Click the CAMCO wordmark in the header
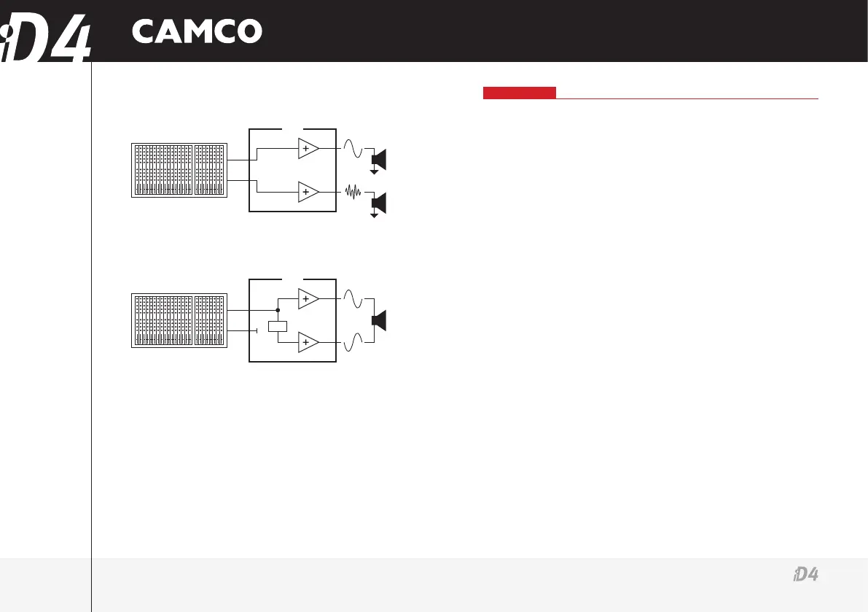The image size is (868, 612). click(196, 31)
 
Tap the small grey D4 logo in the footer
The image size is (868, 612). click(805, 576)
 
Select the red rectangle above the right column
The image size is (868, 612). click(519, 93)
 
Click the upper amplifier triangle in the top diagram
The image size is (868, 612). click(308, 148)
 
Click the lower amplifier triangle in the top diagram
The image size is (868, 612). click(308, 192)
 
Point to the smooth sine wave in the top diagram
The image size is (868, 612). click(353, 149)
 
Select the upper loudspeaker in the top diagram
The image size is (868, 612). click(379, 158)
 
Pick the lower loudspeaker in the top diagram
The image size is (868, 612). click(379, 202)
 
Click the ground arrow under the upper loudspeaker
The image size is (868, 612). click(375, 172)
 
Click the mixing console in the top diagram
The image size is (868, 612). click(179, 170)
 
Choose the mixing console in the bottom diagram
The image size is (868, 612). click(179, 320)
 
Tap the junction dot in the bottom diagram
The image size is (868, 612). click(278, 310)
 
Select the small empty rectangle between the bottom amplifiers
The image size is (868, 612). click(278, 327)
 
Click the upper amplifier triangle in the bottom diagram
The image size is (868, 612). click(308, 298)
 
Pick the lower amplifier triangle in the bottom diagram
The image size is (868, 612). click(308, 342)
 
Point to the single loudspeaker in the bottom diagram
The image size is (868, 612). click(379, 320)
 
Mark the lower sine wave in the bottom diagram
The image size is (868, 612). click(353, 341)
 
